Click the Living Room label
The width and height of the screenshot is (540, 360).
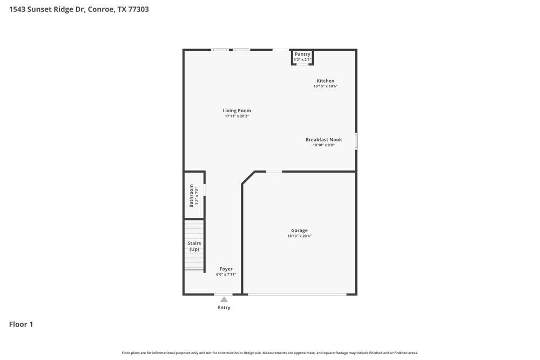pos(237,111)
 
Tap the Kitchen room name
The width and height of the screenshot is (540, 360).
pos(325,81)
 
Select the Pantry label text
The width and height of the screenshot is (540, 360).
pos(302,54)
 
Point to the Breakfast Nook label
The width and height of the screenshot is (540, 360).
pos(323,140)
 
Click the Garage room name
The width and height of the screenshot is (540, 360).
pos(299,230)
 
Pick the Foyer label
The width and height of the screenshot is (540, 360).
pos(226,269)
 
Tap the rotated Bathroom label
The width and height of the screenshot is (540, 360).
pos(191,195)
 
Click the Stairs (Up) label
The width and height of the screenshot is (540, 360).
pos(194,246)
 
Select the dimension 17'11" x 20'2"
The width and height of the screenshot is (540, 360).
pos(237,116)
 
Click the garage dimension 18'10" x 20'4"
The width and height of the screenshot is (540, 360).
pos(299,236)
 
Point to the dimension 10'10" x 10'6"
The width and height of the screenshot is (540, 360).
pos(325,86)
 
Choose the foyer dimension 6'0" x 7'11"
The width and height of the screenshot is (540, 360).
pos(226,274)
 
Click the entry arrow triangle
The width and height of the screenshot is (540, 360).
pos(224,300)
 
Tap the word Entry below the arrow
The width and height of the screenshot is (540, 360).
pos(224,308)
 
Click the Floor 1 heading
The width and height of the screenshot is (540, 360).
pos(21,324)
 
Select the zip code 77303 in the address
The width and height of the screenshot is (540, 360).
pos(138,9)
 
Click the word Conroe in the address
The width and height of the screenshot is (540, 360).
pos(101,9)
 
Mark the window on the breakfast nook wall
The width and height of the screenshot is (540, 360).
pos(356,141)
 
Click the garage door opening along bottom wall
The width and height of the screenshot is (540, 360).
pos(297,294)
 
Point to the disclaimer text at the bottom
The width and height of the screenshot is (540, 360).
pos(270,353)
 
